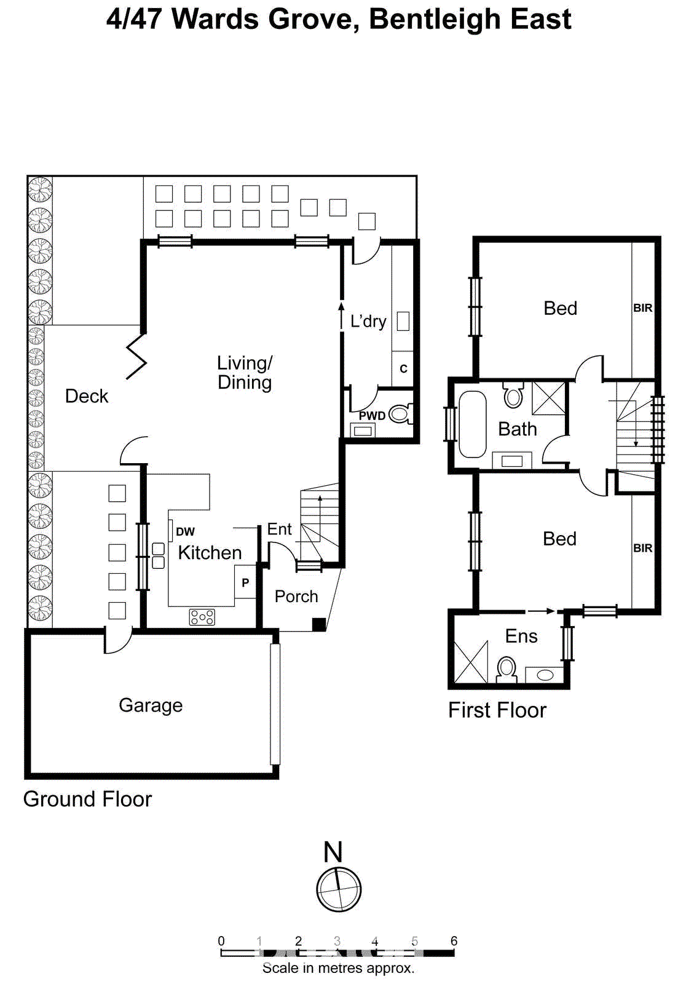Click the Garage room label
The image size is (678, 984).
151,705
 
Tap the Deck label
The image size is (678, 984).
87,396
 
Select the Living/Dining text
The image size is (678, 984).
245,373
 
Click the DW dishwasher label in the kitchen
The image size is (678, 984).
185,531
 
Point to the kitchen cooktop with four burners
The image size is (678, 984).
202,617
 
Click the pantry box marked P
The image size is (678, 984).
245,582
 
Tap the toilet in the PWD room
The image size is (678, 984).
400,413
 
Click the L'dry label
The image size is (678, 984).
368,321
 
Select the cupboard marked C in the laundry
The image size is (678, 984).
403,368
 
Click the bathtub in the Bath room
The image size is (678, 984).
472,424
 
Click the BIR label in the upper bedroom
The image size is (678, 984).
642,307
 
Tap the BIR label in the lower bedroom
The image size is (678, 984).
642,548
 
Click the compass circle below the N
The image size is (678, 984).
339,889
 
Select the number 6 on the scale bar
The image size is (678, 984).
454,941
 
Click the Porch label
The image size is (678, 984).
296,597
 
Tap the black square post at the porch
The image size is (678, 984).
318,624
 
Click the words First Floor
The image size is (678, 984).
497,710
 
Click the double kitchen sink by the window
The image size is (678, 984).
159,555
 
